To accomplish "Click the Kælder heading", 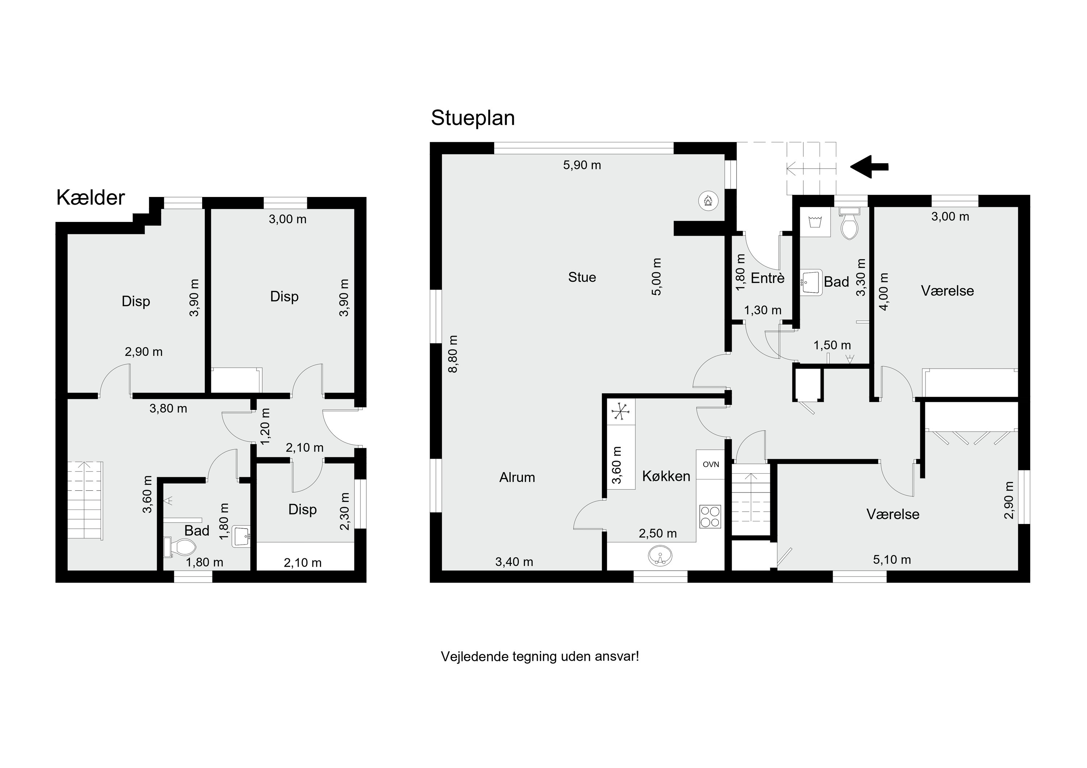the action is tap(91, 197).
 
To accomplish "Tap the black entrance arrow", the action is tap(869, 167).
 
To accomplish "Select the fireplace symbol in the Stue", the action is tap(708, 201).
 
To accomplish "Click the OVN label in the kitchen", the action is tap(711, 464).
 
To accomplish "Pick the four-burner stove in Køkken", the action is tap(710, 516).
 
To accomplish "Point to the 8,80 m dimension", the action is tap(453, 354).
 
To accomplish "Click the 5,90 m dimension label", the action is tap(582, 165).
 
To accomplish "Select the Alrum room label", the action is tap(517, 478).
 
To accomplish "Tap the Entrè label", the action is tap(767, 278).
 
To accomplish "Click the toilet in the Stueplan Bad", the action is tap(849, 224).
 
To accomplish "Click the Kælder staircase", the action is tap(85, 500).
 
